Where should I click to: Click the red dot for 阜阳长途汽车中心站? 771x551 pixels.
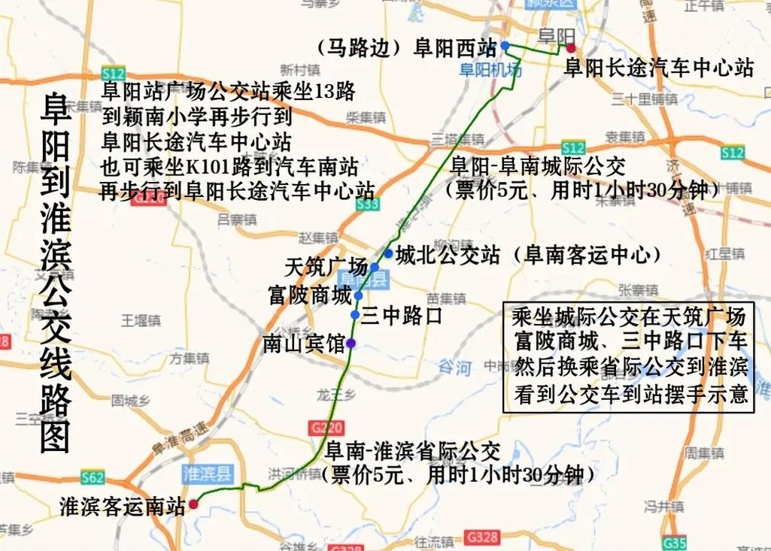click(x=571, y=47)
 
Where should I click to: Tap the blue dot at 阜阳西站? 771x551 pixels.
click(x=505, y=46)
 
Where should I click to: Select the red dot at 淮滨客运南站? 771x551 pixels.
click(x=193, y=504)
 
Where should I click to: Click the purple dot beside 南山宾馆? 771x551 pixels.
click(x=351, y=344)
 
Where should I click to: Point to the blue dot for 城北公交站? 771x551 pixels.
click(x=388, y=253)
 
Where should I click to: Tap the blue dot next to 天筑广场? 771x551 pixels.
click(x=375, y=267)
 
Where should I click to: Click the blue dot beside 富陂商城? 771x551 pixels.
click(x=359, y=295)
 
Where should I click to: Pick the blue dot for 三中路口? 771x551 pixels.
click(x=355, y=314)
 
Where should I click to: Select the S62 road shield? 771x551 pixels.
click(x=93, y=477)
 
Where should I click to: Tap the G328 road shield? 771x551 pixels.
click(x=481, y=537)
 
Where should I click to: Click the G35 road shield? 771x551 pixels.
click(x=675, y=542)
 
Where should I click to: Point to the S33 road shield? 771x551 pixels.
click(x=368, y=204)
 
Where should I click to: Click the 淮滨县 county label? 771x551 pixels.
click(x=208, y=473)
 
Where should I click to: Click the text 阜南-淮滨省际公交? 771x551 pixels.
click(x=412, y=452)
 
